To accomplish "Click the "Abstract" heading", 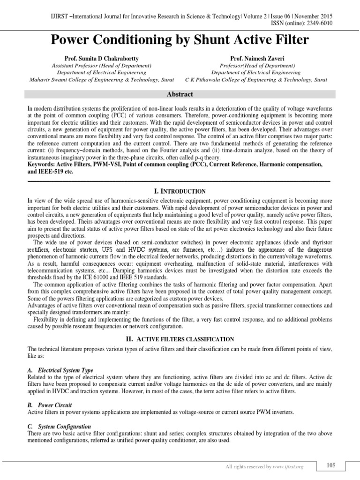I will pyautogui.click(x=180, y=94).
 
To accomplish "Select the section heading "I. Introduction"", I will pyautogui.click(x=180, y=191).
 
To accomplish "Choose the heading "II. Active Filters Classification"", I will pyautogui.click(x=180, y=338).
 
